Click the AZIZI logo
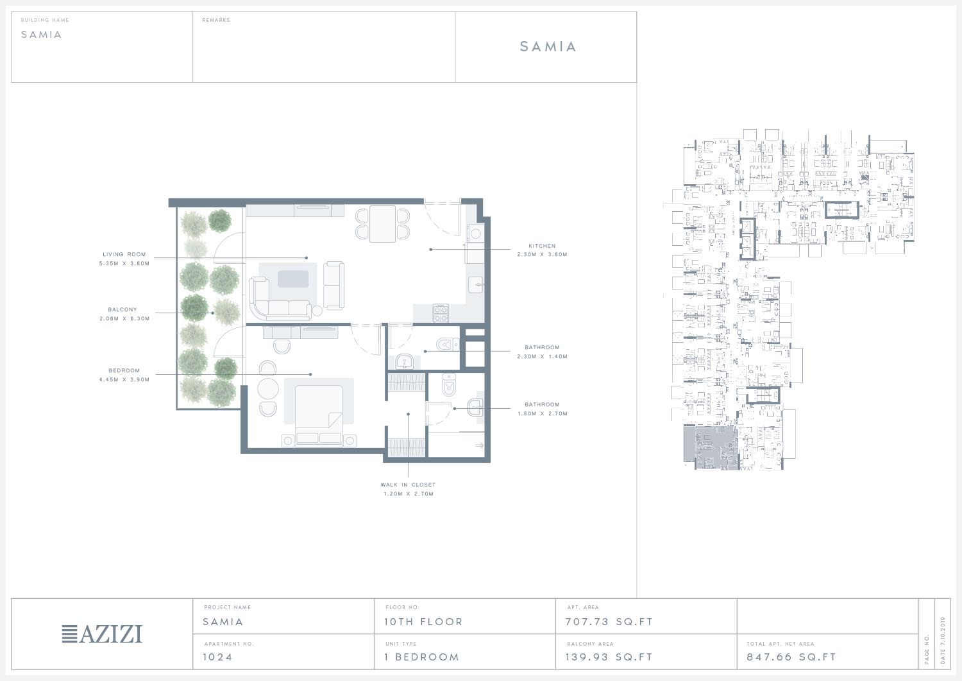(102, 634)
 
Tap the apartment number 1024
(217, 657)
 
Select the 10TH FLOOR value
(423, 622)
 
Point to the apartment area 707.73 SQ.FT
(609, 622)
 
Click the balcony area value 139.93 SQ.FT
(609, 657)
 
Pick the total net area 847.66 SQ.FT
(791, 657)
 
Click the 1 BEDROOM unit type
(422, 657)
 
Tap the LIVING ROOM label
(124, 254)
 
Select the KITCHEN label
(542, 246)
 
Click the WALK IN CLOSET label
(408, 485)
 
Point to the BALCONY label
(122, 309)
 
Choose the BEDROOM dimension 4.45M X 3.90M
(124, 379)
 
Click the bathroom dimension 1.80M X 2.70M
(543, 413)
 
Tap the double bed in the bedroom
(319, 415)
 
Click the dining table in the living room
(382, 224)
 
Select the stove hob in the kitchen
(441, 313)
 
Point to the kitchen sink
(475, 284)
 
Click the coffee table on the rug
(293, 279)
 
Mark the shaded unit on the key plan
(711, 447)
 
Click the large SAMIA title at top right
(548, 46)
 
